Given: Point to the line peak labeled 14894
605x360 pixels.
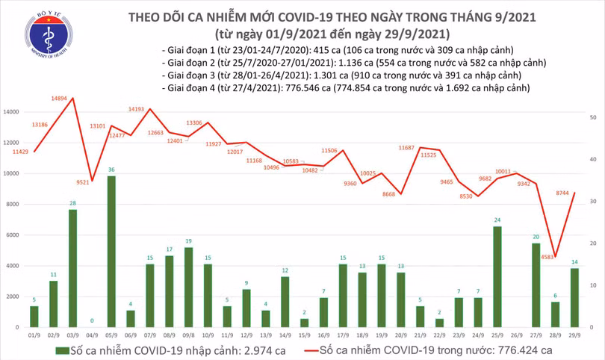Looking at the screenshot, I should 71,98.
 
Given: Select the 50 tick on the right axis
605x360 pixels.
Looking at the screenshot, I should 592,118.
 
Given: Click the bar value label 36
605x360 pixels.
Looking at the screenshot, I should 111,170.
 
